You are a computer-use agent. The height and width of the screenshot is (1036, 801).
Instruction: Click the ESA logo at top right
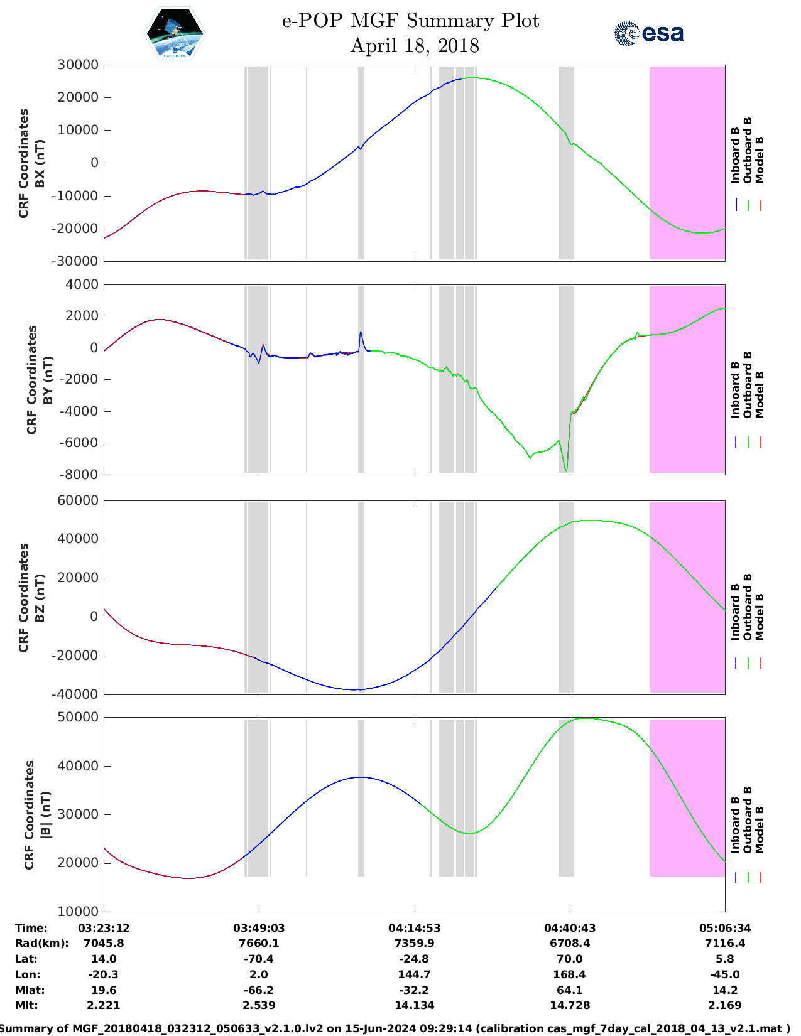648,33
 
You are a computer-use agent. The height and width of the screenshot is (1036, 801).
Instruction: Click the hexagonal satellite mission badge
175,34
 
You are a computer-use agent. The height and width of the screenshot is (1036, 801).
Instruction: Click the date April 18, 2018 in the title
415,46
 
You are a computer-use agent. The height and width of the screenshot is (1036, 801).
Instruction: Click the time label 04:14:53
414,928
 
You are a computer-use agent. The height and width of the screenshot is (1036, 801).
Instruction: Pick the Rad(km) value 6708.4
569,943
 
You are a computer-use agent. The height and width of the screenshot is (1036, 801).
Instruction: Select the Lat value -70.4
258,959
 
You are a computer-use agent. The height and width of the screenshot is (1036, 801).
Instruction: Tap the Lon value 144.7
414,974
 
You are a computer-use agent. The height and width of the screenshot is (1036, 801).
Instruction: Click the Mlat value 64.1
569,990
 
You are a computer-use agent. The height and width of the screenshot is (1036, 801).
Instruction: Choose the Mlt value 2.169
725,1005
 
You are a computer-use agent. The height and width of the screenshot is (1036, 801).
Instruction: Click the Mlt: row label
26,1005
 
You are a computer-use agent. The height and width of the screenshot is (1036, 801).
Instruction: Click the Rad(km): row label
41,943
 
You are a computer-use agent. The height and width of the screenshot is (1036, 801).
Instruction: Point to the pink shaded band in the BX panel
687,163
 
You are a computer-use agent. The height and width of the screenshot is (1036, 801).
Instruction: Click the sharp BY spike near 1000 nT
361,333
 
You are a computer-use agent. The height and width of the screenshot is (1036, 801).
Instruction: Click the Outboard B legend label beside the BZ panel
748,607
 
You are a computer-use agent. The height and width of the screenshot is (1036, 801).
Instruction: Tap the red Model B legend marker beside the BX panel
760,205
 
